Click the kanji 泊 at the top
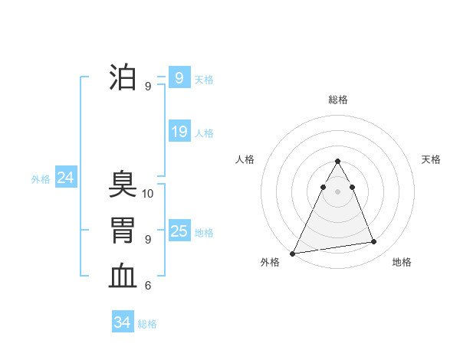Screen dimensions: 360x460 [123, 78]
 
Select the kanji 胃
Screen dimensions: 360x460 [123, 231]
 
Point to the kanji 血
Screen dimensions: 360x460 [123, 277]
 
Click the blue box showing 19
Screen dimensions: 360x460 [179, 132]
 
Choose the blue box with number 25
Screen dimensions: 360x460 [179, 231]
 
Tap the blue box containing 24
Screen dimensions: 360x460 [65, 178]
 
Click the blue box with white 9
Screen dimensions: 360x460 [179, 77]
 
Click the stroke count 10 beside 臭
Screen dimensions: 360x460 [148, 194]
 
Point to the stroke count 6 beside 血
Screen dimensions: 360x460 [148, 286]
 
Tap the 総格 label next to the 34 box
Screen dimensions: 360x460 [147, 324]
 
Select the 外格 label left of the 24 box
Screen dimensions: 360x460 [41, 179]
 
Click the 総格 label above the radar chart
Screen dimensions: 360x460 [337, 100]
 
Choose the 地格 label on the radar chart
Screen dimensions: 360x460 [402, 262]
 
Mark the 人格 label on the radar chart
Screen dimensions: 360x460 [245, 159]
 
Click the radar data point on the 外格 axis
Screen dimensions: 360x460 [293, 253]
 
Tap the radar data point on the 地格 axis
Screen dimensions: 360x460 [374, 242]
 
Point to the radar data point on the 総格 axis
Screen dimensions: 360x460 [337, 161]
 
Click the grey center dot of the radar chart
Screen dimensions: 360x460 [337, 191]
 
